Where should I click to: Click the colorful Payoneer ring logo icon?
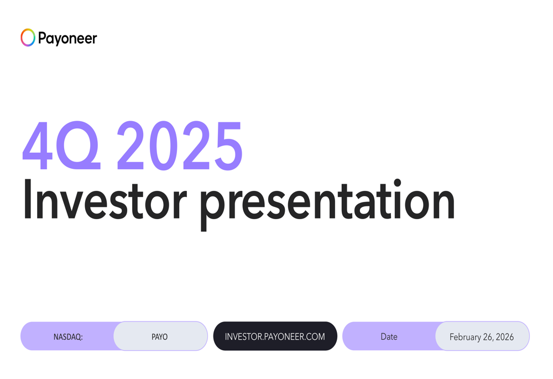(x=28, y=38)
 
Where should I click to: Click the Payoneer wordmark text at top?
(x=67, y=38)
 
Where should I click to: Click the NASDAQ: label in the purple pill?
(x=68, y=336)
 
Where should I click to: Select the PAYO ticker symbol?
(x=159, y=336)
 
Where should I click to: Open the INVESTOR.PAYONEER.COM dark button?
(x=275, y=336)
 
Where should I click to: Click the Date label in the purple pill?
(x=389, y=336)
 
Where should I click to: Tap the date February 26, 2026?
(x=481, y=336)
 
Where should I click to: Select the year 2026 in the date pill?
(x=504, y=336)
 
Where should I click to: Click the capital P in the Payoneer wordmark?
(x=42, y=38)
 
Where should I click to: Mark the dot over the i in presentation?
(x=397, y=183)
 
